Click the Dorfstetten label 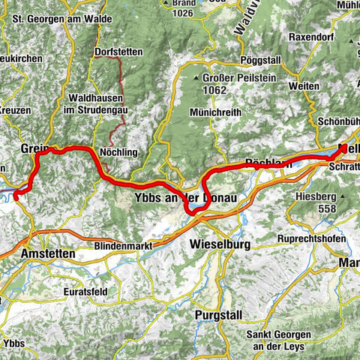(120, 52)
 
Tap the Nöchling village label (119, 152)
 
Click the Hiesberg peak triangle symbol (342, 196)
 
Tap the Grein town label (34, 148)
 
